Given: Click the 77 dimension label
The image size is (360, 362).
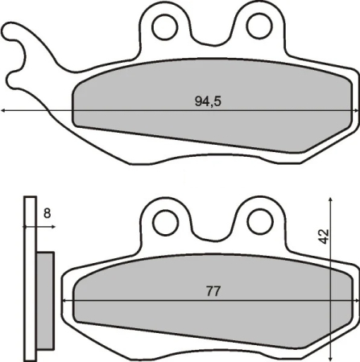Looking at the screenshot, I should tap(213, 291).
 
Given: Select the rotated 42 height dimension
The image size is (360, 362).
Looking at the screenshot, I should tap(323, 236).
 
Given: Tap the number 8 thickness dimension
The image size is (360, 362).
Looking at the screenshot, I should tap(47, 213).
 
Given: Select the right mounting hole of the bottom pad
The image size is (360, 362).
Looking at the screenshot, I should tap(258, 221).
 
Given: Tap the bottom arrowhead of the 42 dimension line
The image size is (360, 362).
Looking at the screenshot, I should tap(331, 356).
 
